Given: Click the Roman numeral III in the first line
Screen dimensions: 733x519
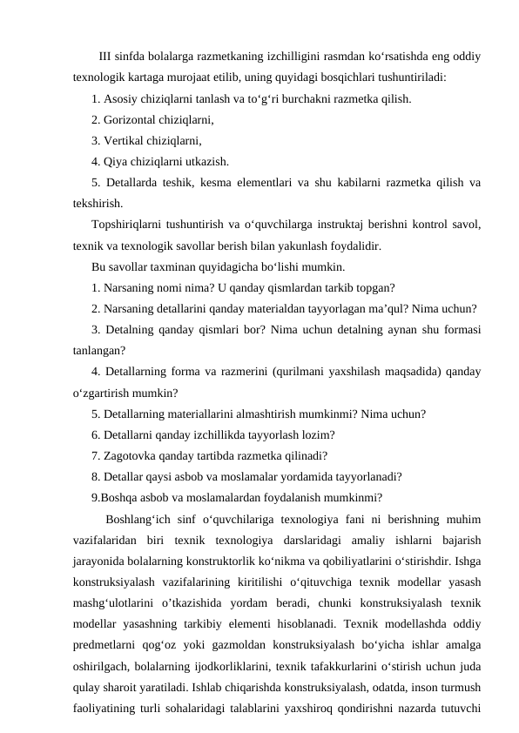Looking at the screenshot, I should click(x=107, y=58).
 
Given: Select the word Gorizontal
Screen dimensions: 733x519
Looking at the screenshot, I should click(x=131, y=120).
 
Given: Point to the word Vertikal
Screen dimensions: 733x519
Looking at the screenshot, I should click(x=126, y=140).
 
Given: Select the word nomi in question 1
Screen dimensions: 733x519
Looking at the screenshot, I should click(x=172, y=287).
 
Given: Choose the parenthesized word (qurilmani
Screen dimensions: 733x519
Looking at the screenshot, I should click(x=297, y=372).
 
